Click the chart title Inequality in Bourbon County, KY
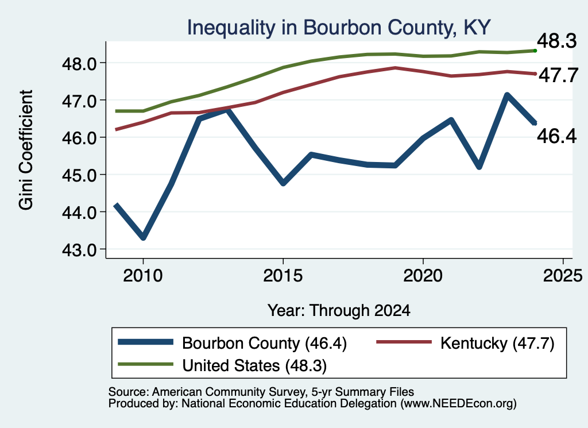point(339,28)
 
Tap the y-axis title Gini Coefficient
point(26,150)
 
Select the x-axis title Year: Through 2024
point(339,311)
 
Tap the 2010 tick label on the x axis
point(143,276)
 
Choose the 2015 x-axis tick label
point(283,276)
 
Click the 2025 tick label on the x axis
point(563,276)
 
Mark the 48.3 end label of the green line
point(556,41)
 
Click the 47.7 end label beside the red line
point(558,75)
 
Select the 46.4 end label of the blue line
point(556,136)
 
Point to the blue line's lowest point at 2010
point(143,237)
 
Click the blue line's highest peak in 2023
point(506,95)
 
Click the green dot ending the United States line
point(535,51)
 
